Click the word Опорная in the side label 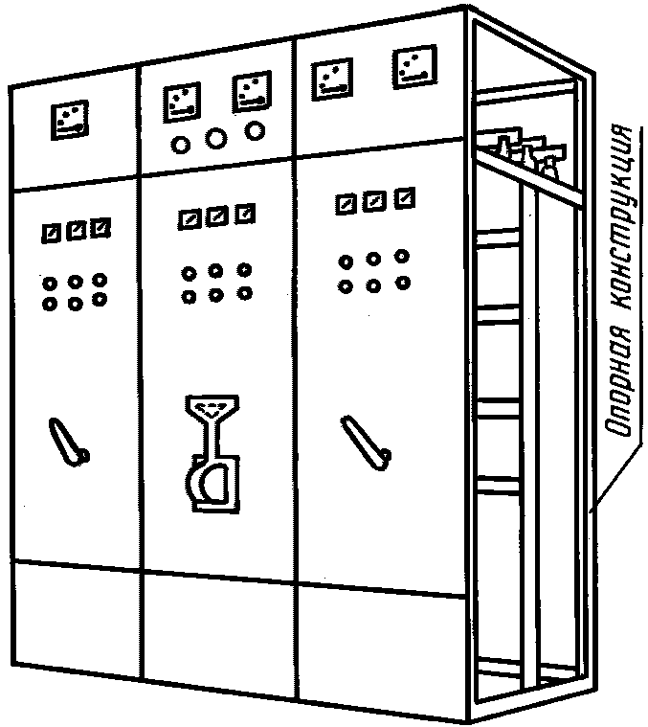click(x=619, y=380)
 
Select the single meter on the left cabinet click(x=70, y=120)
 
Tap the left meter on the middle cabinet click(x=182, y=102)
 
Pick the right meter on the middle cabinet click(x=252, y=91)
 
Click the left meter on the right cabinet click(x=331, y=79)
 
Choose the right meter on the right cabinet click(x=414, y=66)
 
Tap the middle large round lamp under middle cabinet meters click(x=216, y=138)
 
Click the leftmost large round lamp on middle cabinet click(x=180, y=145)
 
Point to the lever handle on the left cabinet click(x=69, y=443)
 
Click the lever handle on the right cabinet click(x=366, y=443)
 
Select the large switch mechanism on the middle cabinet click(x=212, y=453)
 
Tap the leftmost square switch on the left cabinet click(x=51, y=233)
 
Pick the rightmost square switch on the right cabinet click(x=405, y=198)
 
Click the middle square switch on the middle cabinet click(x=216, y=216)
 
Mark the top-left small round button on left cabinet click(x=49, y=284)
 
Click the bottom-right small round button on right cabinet click(x=403, y=282)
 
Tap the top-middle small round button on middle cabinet click(x=216, y=271)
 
